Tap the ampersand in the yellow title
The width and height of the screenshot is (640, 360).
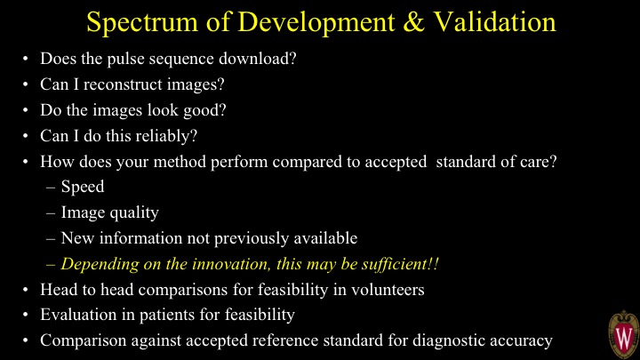(x=414, y=22)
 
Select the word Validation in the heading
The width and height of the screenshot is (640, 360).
(x=494, y=22)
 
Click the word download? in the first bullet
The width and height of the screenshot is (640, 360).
(x=258, y=59)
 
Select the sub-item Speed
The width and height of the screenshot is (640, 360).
(x=83, y=188)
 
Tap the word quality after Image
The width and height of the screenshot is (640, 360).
(x=134, y=213)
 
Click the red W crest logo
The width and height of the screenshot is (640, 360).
(x=624, y=335)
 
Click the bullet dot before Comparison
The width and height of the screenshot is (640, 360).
(x=26, y=340)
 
